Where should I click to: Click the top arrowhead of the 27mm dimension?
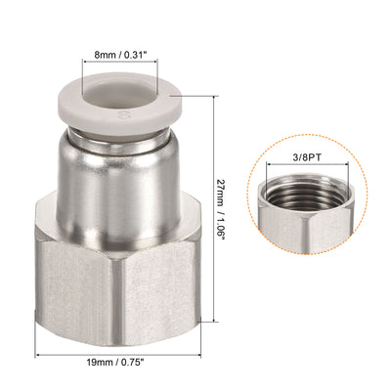[x=212, y=98]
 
